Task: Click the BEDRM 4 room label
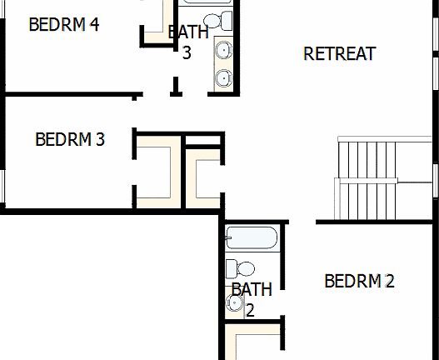point(63,24)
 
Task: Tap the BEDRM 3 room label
point(69,139)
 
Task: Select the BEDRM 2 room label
point(358,281)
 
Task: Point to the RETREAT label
point(339,54)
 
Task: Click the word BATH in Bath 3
point(187,33)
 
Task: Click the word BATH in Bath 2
point(252,290)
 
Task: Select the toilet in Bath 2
point(242,268)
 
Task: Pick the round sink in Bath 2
point(234,304)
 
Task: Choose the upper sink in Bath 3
point(223,51)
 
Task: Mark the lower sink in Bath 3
point(223,78)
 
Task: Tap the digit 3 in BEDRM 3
point(100,139)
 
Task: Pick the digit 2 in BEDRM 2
point(389,281)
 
